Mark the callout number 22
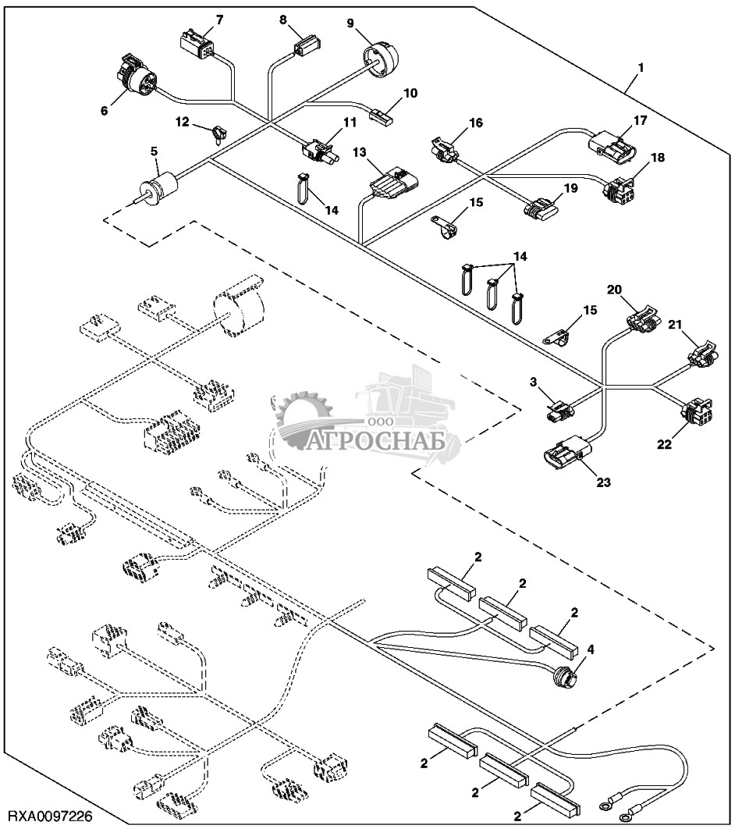(x=664, y=445)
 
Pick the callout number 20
(x=615, y=290)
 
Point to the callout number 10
(x=410, y=94)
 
